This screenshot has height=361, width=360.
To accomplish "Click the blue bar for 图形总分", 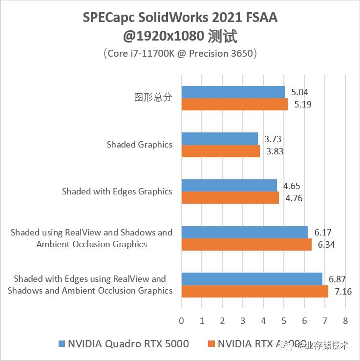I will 233,92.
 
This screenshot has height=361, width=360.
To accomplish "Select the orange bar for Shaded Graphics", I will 220,151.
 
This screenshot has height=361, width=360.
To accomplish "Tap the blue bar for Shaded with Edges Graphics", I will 229,186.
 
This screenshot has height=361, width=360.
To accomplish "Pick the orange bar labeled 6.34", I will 246,244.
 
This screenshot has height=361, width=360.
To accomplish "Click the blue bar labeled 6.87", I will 252,279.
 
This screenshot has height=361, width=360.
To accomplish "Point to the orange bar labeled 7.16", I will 254,291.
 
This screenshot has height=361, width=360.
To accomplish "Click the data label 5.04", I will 299,92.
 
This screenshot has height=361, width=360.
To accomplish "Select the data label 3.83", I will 275,151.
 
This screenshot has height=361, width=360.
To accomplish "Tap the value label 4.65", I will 292,186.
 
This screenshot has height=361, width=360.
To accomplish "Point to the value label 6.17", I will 322,233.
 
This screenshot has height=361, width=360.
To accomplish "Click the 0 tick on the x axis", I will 181,321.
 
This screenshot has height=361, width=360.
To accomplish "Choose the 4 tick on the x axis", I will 263,321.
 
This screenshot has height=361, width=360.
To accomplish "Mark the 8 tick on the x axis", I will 345,321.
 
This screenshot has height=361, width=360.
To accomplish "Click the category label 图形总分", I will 153,97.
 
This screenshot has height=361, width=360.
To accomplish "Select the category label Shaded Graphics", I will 140,145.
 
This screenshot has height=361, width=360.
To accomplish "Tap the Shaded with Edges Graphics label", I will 117,191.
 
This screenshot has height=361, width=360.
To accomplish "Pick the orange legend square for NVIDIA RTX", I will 211,344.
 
